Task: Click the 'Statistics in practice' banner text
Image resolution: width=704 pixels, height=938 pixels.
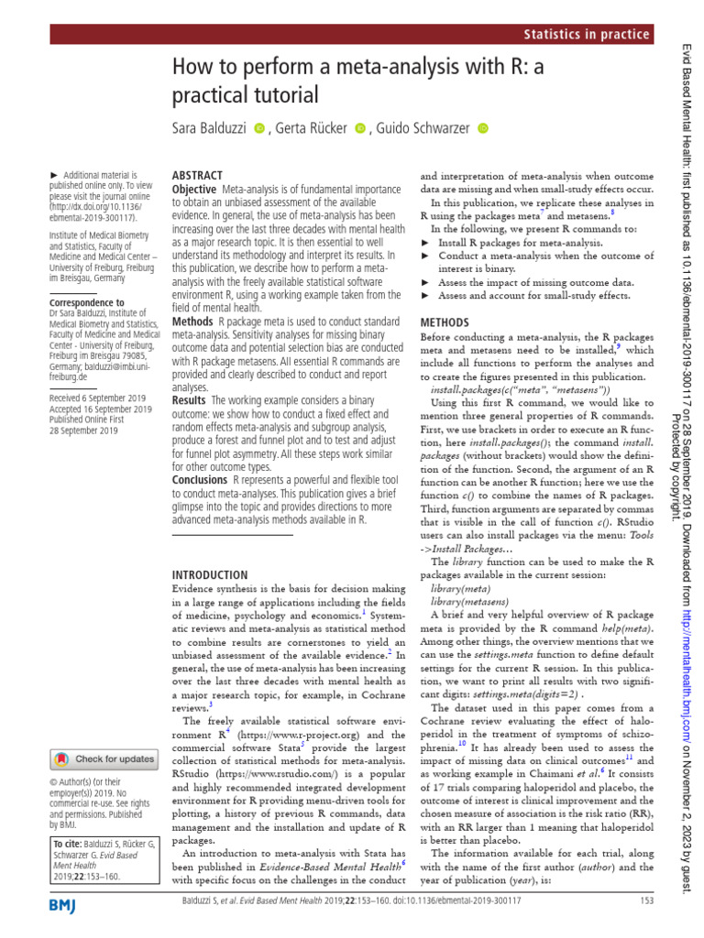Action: [x=587, y=35]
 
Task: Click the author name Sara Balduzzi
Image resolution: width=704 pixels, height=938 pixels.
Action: [x=211, y=128]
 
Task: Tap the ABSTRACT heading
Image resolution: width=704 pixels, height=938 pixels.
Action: [x=197, y=175]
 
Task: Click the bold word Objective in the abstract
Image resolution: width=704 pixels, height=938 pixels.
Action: [x=194, y=189]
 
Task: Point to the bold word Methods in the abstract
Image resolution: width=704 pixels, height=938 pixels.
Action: [x=192, y=322]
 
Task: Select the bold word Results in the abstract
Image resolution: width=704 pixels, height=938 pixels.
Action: [x=190, y=400]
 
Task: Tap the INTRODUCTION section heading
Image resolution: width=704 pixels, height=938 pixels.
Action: [x=210, y=574]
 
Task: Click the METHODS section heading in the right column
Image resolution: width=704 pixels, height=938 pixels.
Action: [x=444, y=323]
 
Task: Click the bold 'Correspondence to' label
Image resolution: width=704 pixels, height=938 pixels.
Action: [x=86, y=302]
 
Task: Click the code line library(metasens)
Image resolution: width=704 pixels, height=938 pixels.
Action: [x=467, y=601]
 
